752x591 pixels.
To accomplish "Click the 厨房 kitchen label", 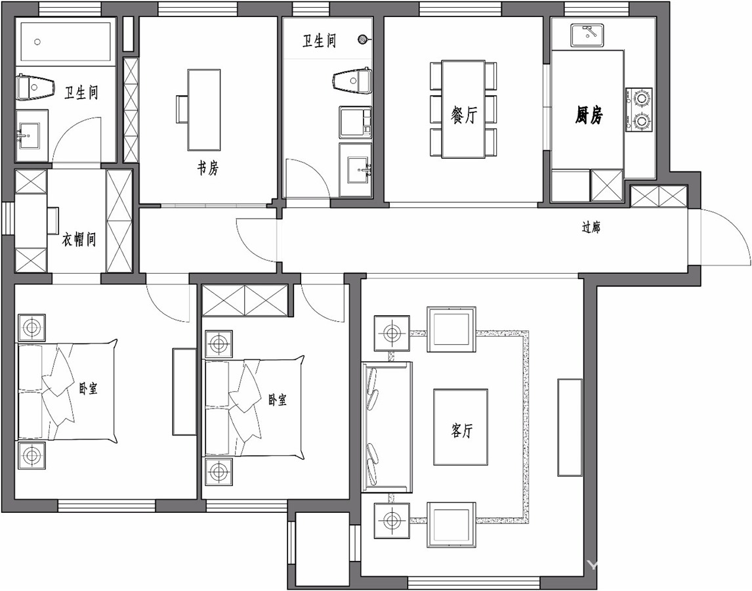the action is pos(589,115).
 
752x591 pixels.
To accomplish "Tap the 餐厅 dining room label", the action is pos(464,115).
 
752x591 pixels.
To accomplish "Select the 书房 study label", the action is pos(208,169).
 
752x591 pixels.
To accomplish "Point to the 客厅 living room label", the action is pos(462,431).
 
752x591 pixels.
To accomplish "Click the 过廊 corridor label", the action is pos(591,227).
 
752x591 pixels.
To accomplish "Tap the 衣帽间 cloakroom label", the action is pos(79,240).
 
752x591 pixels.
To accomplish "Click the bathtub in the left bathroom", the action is pos(66,41).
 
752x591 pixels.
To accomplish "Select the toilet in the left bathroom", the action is pos(35,87).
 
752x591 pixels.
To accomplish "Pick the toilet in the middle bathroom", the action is pos(352,79).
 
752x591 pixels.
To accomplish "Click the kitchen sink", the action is pos(589,35).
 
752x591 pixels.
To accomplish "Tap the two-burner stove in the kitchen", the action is pos(640,110).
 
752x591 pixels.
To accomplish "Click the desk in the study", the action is pos(204,110).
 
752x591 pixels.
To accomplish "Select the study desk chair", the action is pos(182,110).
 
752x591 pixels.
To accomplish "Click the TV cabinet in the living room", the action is pos(570,427).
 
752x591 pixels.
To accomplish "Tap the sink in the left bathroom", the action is pos(29,136).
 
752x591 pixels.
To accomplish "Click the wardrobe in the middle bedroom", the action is pos(245,301).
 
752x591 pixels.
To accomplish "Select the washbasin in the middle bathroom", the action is pos(356,170).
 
